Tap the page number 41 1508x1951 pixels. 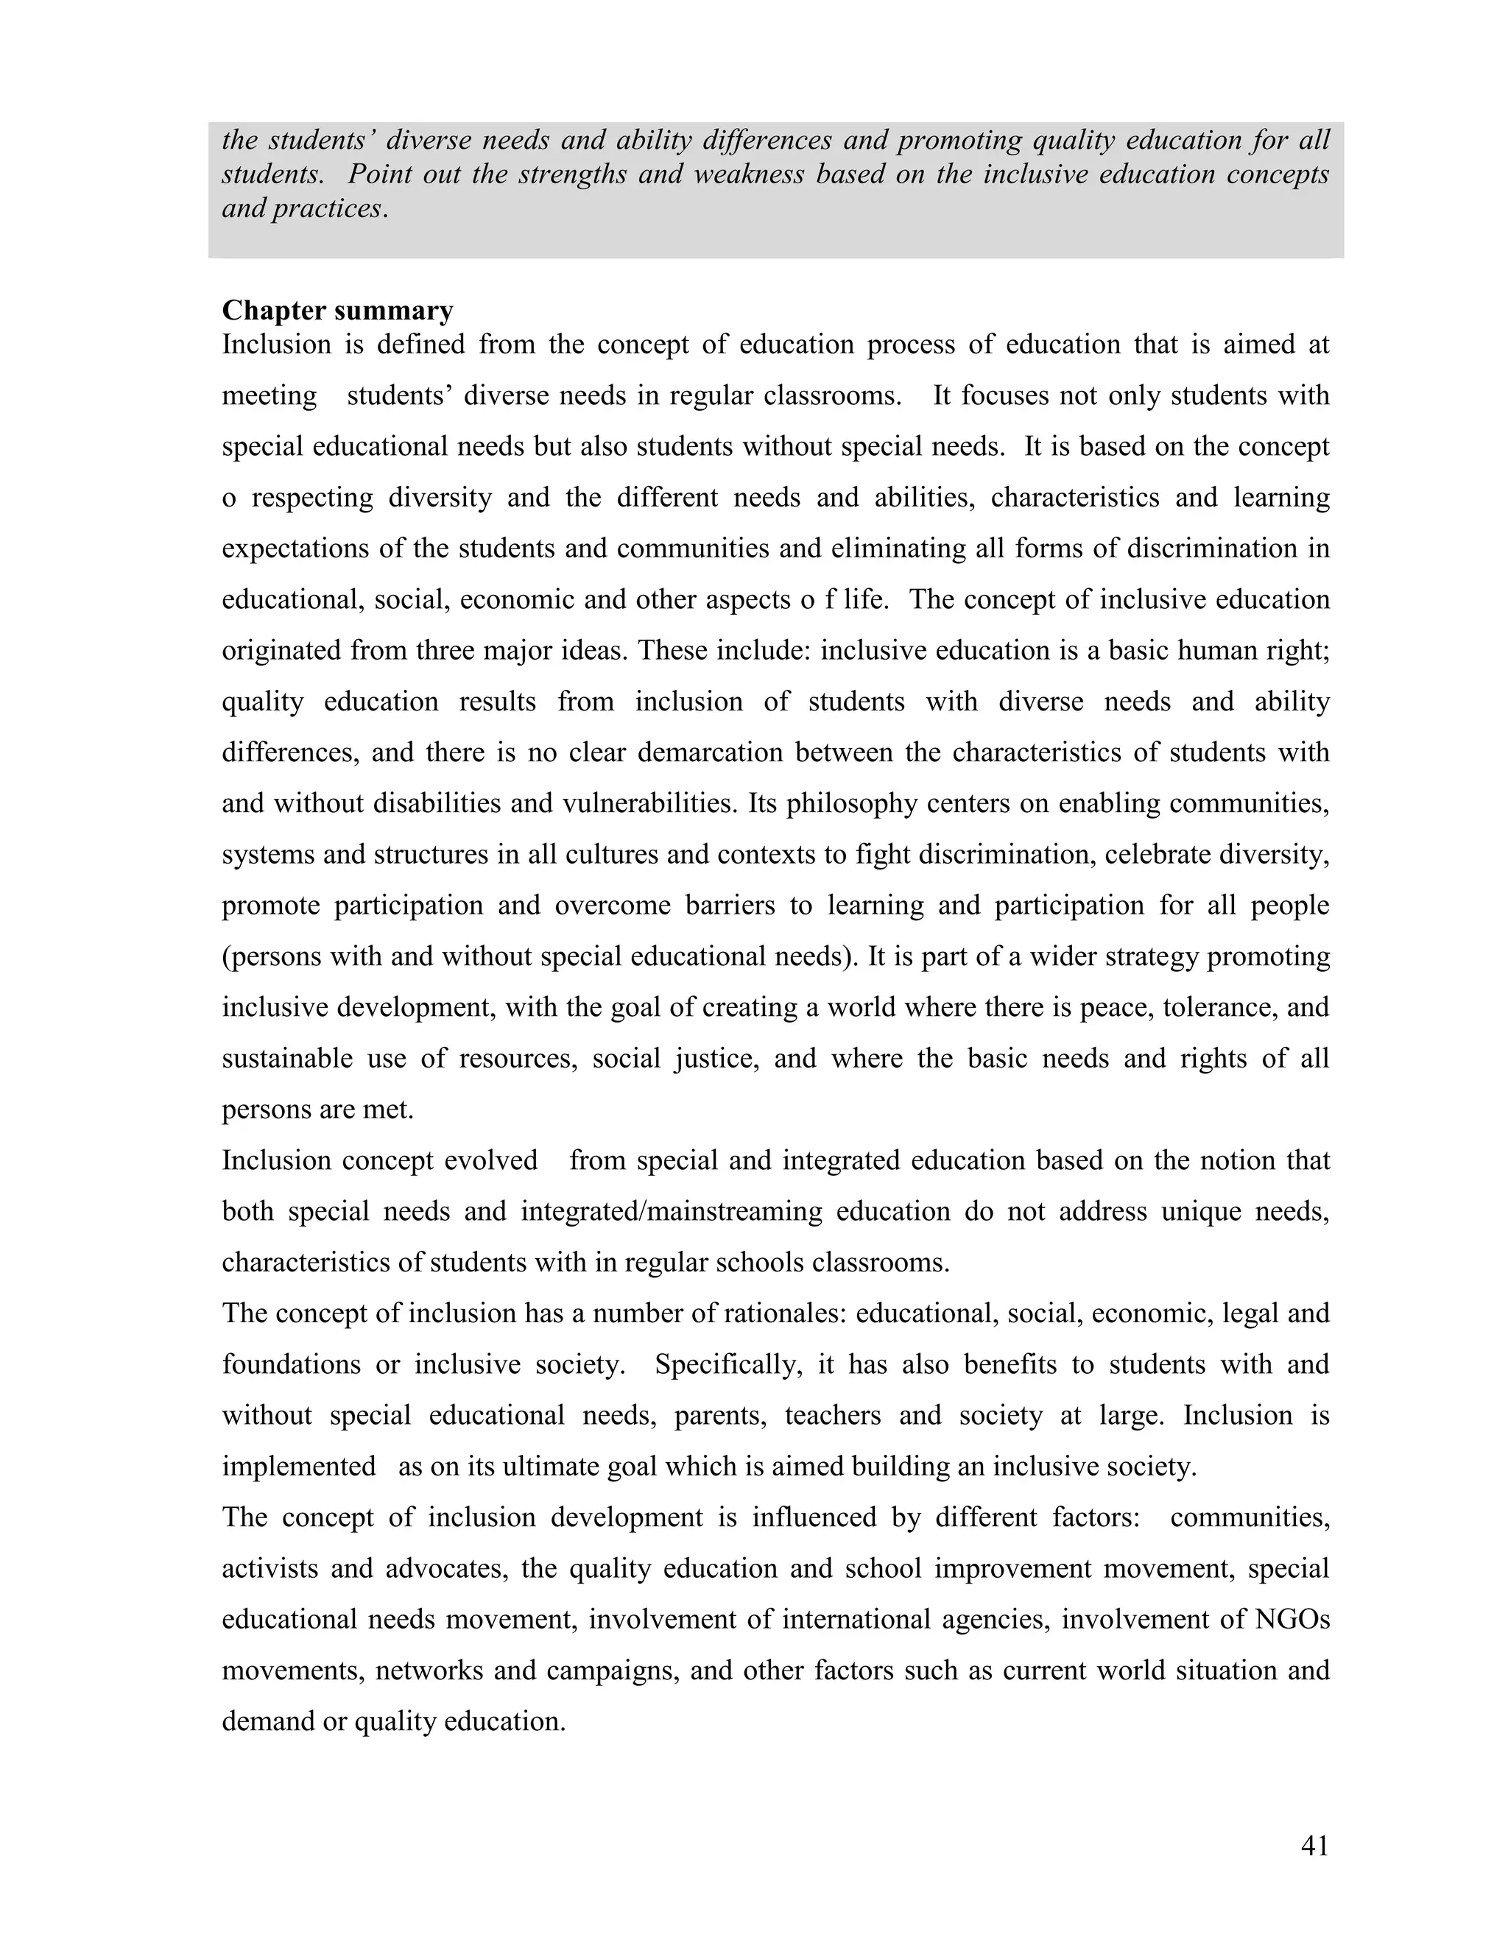point(1314,1846)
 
